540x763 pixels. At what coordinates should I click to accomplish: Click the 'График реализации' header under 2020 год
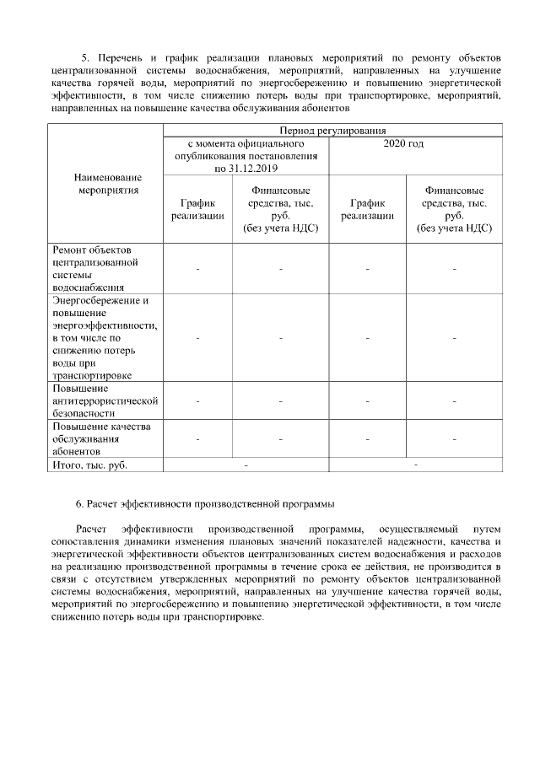pos(368,209)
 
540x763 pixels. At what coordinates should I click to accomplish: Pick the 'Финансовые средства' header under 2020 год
pos(454,209)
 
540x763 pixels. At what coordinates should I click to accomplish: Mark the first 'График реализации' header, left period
pos(197,209)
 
